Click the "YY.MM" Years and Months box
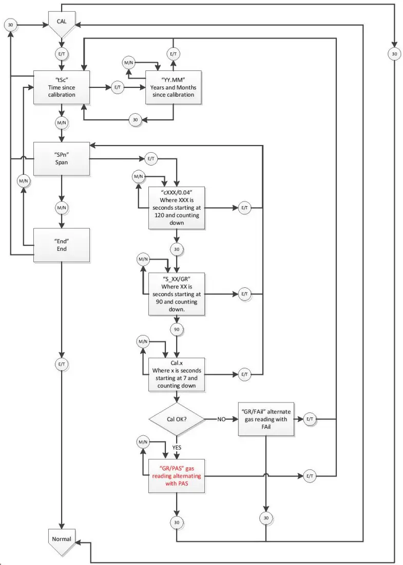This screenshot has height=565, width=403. click(174, 87)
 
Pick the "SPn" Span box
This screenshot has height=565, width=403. click(62, 159)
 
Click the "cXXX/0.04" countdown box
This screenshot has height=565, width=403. click(176, 208)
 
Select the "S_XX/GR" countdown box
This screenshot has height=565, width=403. click(176, 294)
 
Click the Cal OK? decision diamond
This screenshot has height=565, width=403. click(176, 420)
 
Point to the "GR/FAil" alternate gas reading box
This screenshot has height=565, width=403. click(266, 420)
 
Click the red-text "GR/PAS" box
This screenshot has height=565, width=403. click(176, 477)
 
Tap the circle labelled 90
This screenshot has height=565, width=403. click(176, 329)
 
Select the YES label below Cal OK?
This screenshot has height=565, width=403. click(176, 447)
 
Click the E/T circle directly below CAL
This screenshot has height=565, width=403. click(62, 53)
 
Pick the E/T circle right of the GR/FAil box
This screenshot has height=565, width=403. click(310, 420)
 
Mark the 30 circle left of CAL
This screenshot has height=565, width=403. click(11, 24)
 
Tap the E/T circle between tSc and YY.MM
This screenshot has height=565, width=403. click(118, 87)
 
